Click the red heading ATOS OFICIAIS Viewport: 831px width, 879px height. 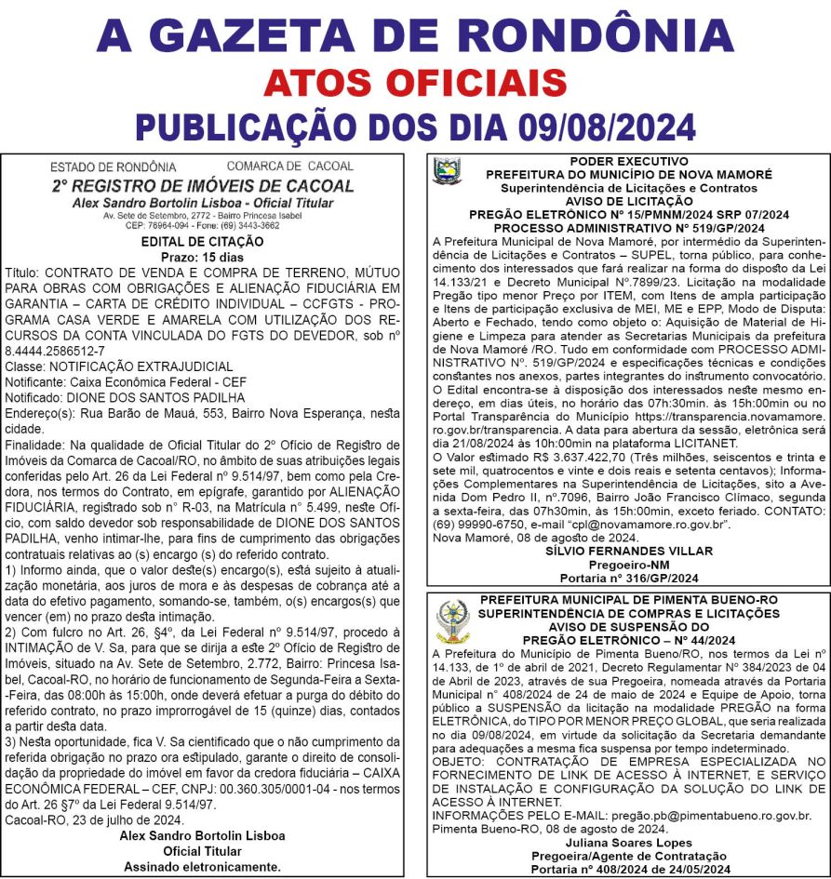[415, 83]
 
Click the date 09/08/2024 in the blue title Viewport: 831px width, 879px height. [601, 126]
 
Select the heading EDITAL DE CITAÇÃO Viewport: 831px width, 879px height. [202, 242]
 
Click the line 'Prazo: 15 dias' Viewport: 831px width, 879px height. [202, 256]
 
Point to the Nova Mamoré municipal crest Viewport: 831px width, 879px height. [447, 171]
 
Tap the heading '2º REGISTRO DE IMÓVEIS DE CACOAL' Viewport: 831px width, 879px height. [203, 186]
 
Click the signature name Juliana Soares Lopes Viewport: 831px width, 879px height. [629, 841]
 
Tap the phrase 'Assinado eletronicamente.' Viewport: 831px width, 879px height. [202, 866]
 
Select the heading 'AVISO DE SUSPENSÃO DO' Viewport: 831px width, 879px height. [629, 627]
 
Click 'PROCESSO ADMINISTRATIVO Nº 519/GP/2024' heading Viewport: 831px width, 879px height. [628, 227]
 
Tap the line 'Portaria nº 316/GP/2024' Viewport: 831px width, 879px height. [628, 578]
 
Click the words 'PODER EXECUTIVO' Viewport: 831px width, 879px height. [628, 161]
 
